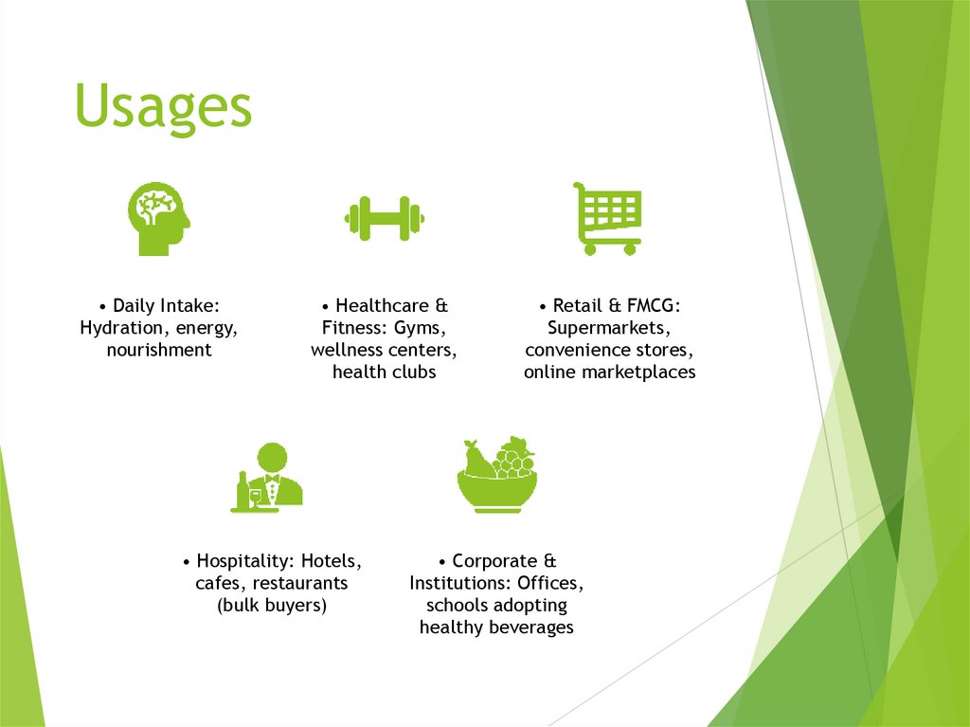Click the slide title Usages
tap(163, 106)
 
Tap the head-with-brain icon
tap(157, 219)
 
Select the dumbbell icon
tap(384, 219)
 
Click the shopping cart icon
tap(608, 217)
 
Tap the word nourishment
tap(159, 350)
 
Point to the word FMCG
tap(652, 306)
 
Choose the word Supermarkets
tap(609, 328)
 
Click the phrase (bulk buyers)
tap(272, 605)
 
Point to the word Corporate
tap(494, 561)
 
